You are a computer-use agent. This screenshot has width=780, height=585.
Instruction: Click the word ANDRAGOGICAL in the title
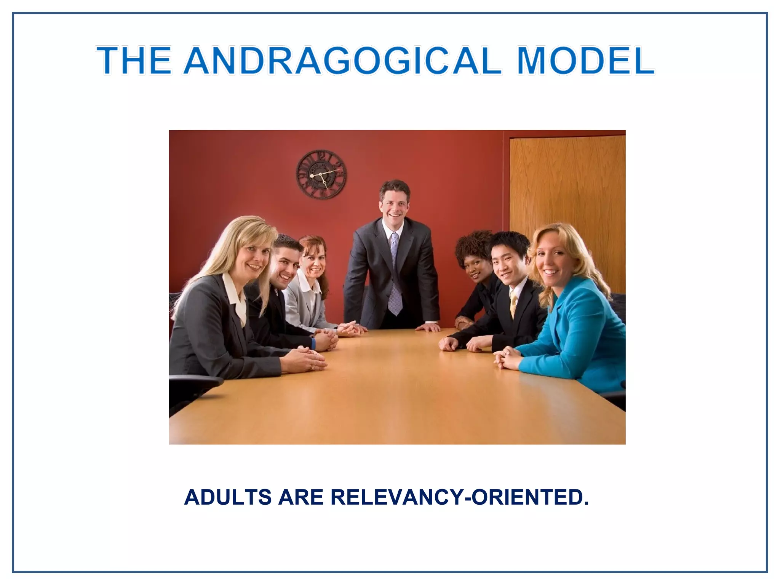pyautogui.click(x=342, y=60)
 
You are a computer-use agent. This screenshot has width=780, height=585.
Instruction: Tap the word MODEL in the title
pyautogui.click(x=586, y=60)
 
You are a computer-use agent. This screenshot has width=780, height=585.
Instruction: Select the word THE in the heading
pyautogui.click(x=134, y=60)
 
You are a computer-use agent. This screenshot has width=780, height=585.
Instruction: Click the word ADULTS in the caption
pyautogui.click(x=228, y=497)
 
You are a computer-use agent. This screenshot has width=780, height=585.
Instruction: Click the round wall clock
pyautogui.click(x=321, y=174)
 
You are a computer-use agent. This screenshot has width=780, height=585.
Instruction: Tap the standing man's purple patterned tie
pyautogui.click(x=395, y=274)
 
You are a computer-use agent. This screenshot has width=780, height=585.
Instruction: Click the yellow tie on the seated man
pyautogui.click(x=513, y=303)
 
